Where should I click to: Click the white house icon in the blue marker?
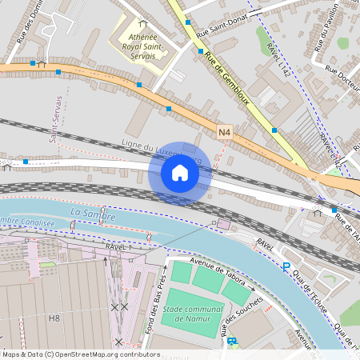[180, 172]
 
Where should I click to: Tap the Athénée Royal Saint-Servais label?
[142, 48]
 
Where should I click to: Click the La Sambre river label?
[93, 214]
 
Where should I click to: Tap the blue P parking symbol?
[286, 266]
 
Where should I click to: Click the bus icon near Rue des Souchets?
[231, 341]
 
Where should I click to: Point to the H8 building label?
[54, 318]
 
